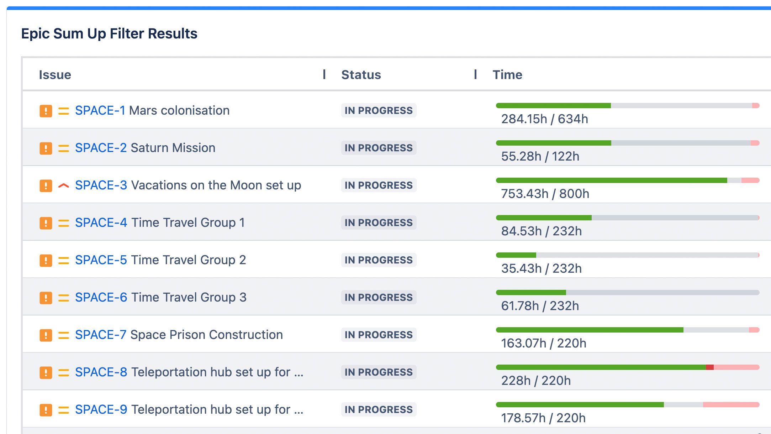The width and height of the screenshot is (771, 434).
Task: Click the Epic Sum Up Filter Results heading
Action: click(x=109, y=34)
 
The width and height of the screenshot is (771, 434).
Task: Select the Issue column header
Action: click(x=55, y=75)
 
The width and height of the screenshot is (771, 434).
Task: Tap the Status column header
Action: click(x=361, y=75)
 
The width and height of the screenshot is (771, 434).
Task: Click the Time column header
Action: click(x=507, y=75)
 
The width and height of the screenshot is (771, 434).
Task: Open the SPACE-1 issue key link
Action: click(x=100, y=111)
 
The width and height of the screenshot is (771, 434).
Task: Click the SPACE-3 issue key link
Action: click(x=101, y=185)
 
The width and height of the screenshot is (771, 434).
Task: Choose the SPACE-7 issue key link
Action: click(x=100, y=335)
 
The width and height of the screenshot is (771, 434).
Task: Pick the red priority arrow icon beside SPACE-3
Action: click(x=63, y=185)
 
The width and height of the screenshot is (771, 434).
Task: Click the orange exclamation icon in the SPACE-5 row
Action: click(x=46, y=260)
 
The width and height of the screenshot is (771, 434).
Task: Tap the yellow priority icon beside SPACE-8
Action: click(x=63, y=372)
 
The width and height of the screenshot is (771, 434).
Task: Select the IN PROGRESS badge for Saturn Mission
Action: click(x=379, y=148)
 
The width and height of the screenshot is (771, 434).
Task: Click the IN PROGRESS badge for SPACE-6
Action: click(x=379, y=298)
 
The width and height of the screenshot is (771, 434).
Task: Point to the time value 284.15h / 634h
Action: click(x=544, y=119)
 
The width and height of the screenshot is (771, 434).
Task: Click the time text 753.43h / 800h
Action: click(x=545, y=194)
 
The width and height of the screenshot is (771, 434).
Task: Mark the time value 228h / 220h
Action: click(x=536, y=381)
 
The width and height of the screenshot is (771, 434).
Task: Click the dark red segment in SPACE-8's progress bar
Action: click(x=709, y=367)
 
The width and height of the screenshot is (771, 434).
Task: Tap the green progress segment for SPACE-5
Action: click(x=516, y=255)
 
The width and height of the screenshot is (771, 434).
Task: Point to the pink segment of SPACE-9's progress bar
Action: click(x=731, y=404)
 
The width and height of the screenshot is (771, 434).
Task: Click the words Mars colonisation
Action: click(x=179, y=111)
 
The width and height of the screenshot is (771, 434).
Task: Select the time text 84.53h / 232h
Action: click(x=541, y=231)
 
